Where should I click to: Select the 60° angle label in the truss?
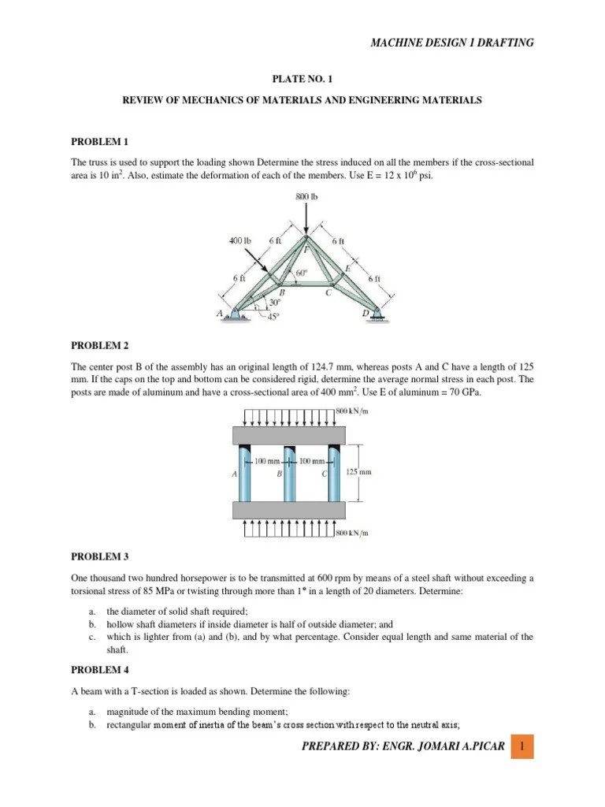[x=300, y=273]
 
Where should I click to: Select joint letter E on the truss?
[x=347, y=269]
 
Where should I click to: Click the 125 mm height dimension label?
[x=358, y=473]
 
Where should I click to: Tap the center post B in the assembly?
[x=289, y=473]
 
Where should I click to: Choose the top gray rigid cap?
[x=289, y=434]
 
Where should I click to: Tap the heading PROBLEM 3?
[x=99, y=556]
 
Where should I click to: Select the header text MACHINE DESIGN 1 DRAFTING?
[x=451, y=43]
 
